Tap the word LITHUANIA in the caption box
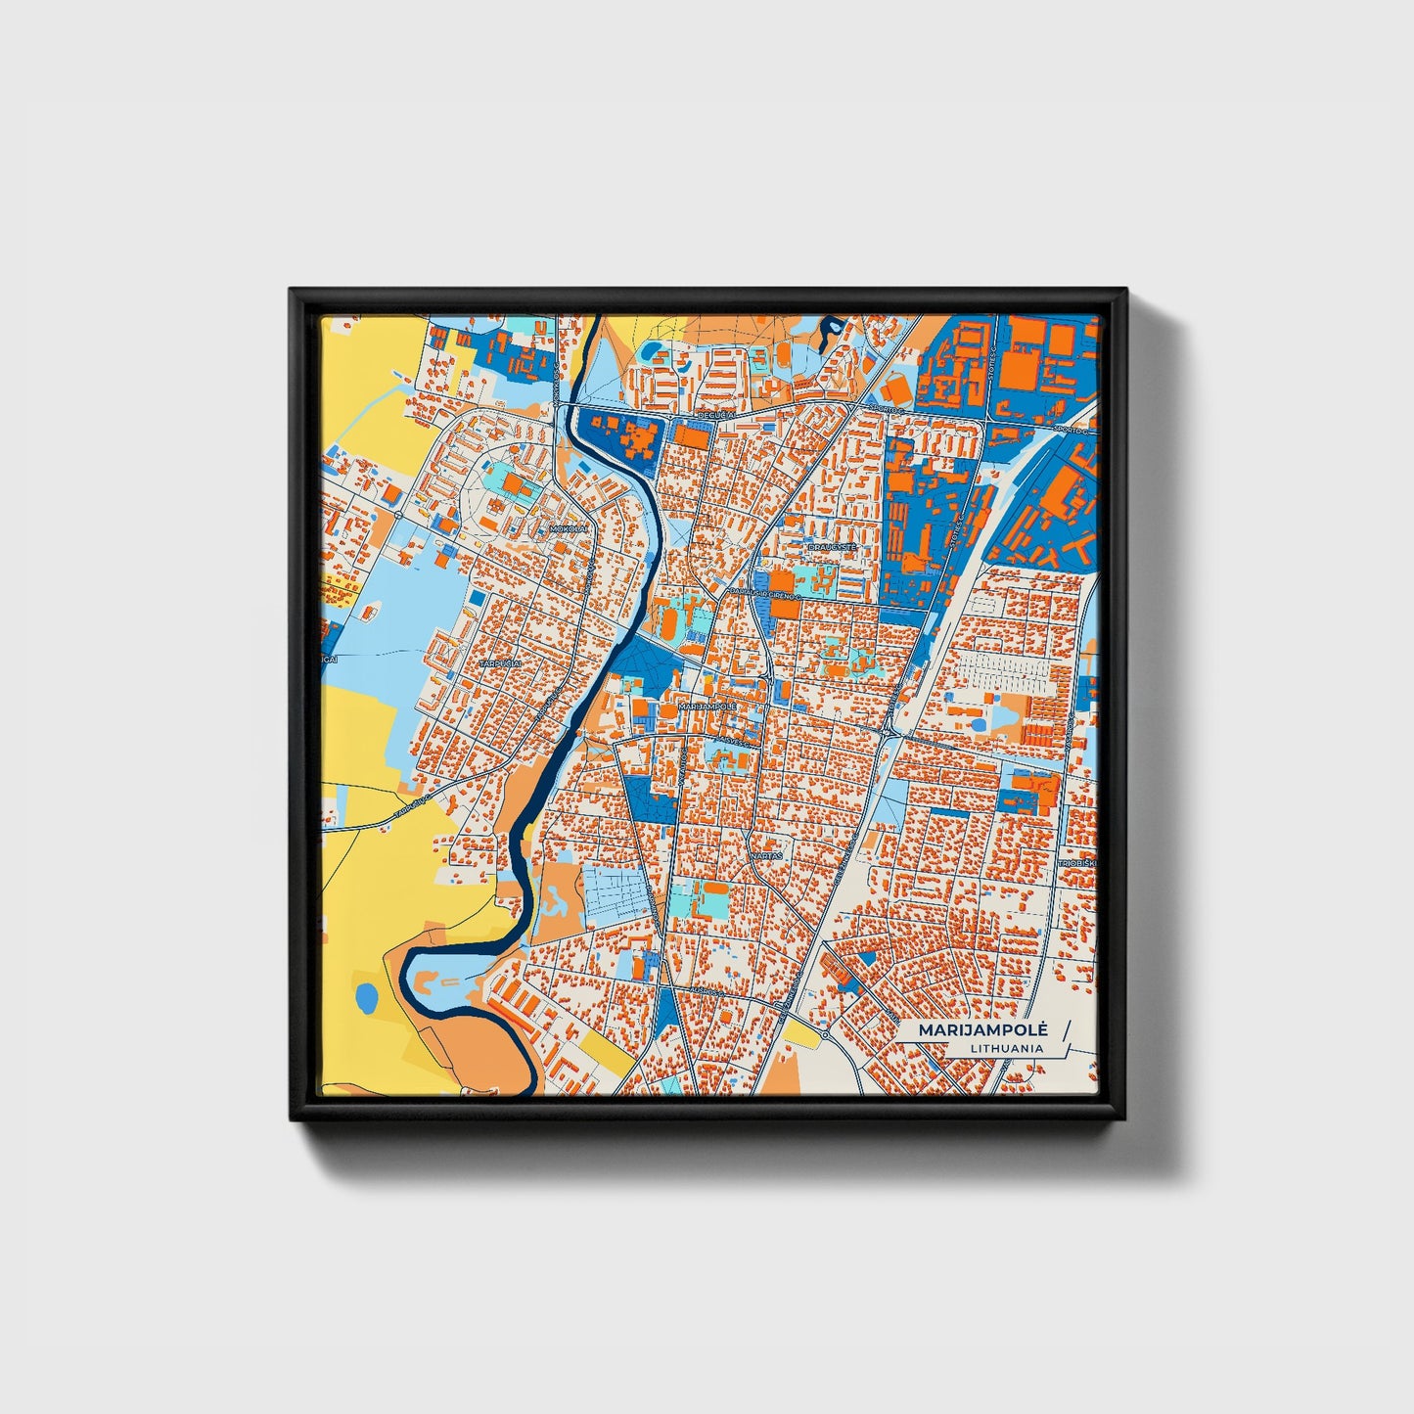1007,1048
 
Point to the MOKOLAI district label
570,528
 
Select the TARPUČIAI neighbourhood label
500,663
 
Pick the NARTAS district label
768,855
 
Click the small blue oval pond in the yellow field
367,998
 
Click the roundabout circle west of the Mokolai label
400,516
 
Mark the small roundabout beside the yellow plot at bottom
825,1033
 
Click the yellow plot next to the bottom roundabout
800,1035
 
